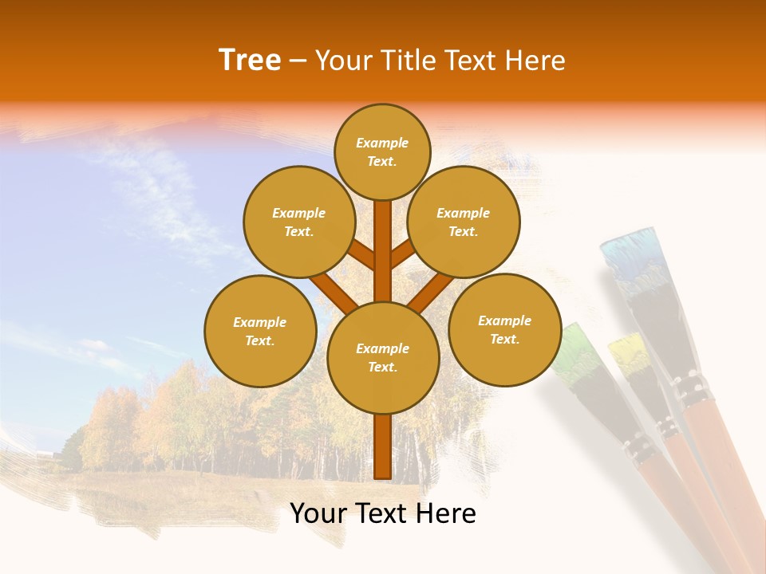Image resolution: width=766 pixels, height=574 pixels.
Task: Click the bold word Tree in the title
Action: click(250, 61)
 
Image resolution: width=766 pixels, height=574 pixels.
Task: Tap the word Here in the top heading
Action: click(535, 61)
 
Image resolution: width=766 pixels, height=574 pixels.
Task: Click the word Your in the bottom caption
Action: click(319, 513)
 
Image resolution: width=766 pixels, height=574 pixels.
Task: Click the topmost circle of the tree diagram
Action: click(382, 151)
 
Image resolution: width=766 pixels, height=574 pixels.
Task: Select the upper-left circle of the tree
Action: click(299, 222)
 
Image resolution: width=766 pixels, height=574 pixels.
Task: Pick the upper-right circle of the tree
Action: click(463, 222)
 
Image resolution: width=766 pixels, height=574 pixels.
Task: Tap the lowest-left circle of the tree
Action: click(260, 332)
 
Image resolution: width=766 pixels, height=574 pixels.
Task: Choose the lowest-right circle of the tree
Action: click(504, 330)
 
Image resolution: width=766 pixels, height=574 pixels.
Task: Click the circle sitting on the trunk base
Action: click(383, 358)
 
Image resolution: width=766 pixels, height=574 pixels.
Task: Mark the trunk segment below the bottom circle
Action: click(383, 446)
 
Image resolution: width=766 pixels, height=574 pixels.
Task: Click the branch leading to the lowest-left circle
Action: click(334, 293)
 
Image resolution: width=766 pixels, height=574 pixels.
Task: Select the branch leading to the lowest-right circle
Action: click(431, 293)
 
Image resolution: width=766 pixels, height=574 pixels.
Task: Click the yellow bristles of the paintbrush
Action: click(628, 355)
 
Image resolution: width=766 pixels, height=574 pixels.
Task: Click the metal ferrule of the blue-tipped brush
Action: click(691, 391)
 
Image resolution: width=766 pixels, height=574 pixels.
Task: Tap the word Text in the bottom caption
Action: click(383, 513)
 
